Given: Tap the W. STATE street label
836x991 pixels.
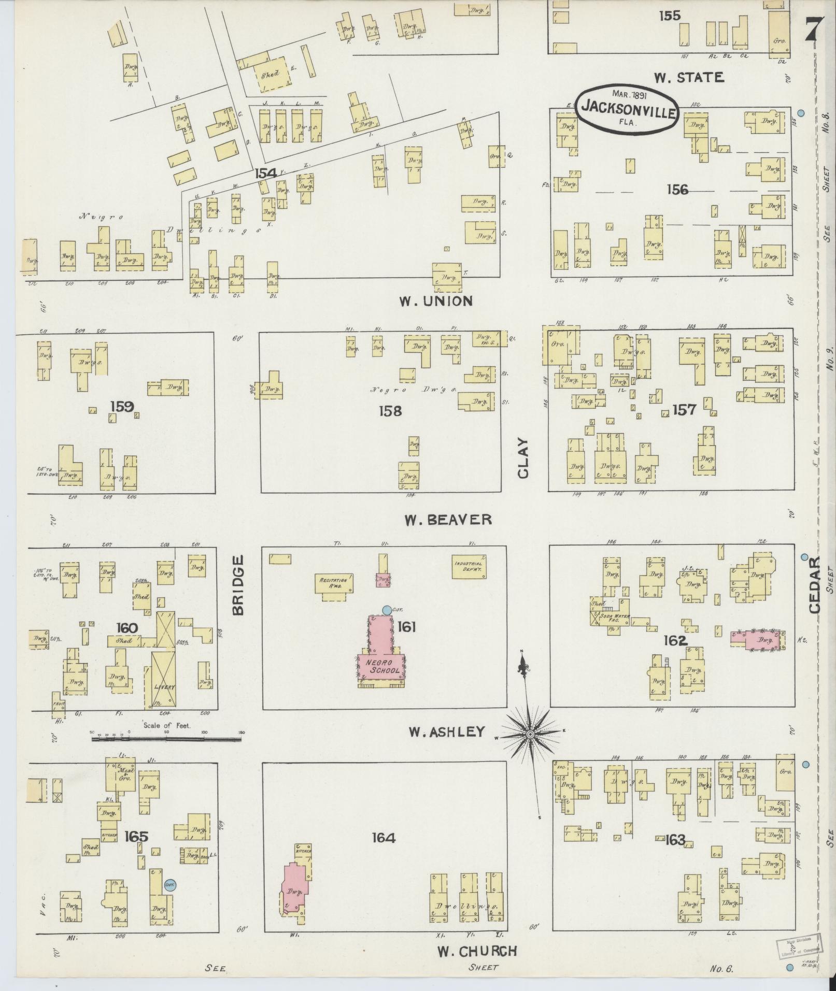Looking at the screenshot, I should (688, 78).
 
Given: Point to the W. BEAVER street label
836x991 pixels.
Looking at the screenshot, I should (448, 520).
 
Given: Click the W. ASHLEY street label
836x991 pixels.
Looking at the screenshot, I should (446, 731).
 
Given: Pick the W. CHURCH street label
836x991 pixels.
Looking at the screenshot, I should (477, 951).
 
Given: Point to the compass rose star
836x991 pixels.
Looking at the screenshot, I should (531, 735).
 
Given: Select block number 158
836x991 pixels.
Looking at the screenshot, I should (390, 411).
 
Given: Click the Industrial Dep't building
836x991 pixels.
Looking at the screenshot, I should (469, 566).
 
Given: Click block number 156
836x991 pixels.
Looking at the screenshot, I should (677, 190).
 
